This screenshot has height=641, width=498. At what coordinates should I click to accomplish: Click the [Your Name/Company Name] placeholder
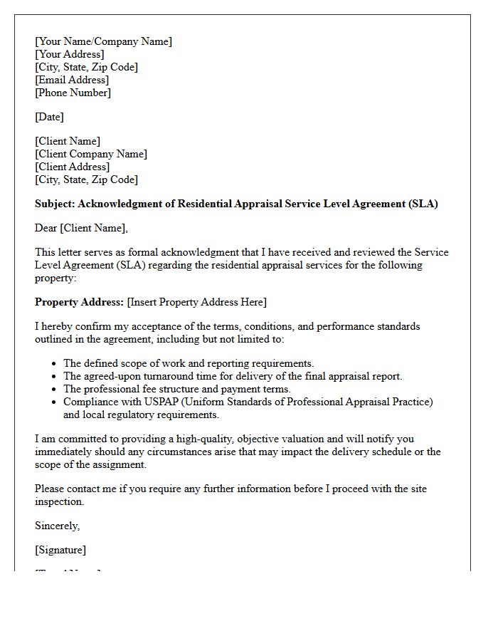coord(103,41)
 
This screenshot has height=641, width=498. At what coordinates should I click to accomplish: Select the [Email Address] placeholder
coord(72,80)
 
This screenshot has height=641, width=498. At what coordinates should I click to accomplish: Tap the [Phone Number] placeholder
coord(73,93)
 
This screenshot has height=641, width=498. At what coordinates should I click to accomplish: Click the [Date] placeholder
coord(49,117)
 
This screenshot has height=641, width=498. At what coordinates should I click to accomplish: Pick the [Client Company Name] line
coord(91,154)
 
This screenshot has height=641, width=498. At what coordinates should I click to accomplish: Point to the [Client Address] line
coord(72,167)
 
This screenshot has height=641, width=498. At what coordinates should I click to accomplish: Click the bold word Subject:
coord(55,204)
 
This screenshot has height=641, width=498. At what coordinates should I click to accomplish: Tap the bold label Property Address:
coord(79,302)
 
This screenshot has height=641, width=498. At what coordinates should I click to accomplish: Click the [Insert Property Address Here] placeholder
coord(197,302)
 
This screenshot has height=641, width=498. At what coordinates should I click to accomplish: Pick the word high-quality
coord(194,439)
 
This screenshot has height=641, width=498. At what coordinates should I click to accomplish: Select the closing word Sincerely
coord(57,526)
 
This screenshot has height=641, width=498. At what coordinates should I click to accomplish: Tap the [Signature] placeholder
coord(60,550)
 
